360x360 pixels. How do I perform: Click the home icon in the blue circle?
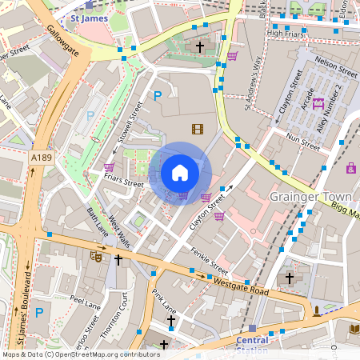pyautogui.click(x=180, y=172)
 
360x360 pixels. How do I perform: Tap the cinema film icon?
pyautogui.click(x=197, y=128)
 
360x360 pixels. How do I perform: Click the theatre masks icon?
pyautogui.click(x=96, y=257)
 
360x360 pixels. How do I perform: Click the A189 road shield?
pyautogui.click(x=41, y=159)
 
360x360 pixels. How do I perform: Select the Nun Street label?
pyautogui.click(x=302, y=142)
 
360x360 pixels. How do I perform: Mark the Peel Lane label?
pyautogui.click(x=83, y=306)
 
